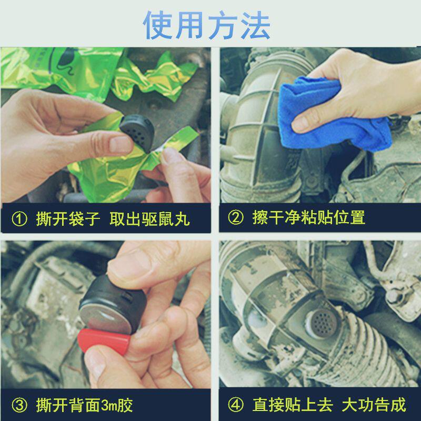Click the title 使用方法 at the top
pos(207,24)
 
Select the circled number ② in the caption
pos(235,218)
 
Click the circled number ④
pos(235,405)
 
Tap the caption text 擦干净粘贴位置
pos(308,218)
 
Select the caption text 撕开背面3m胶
pos(84,405)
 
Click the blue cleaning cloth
pos(332,113)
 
